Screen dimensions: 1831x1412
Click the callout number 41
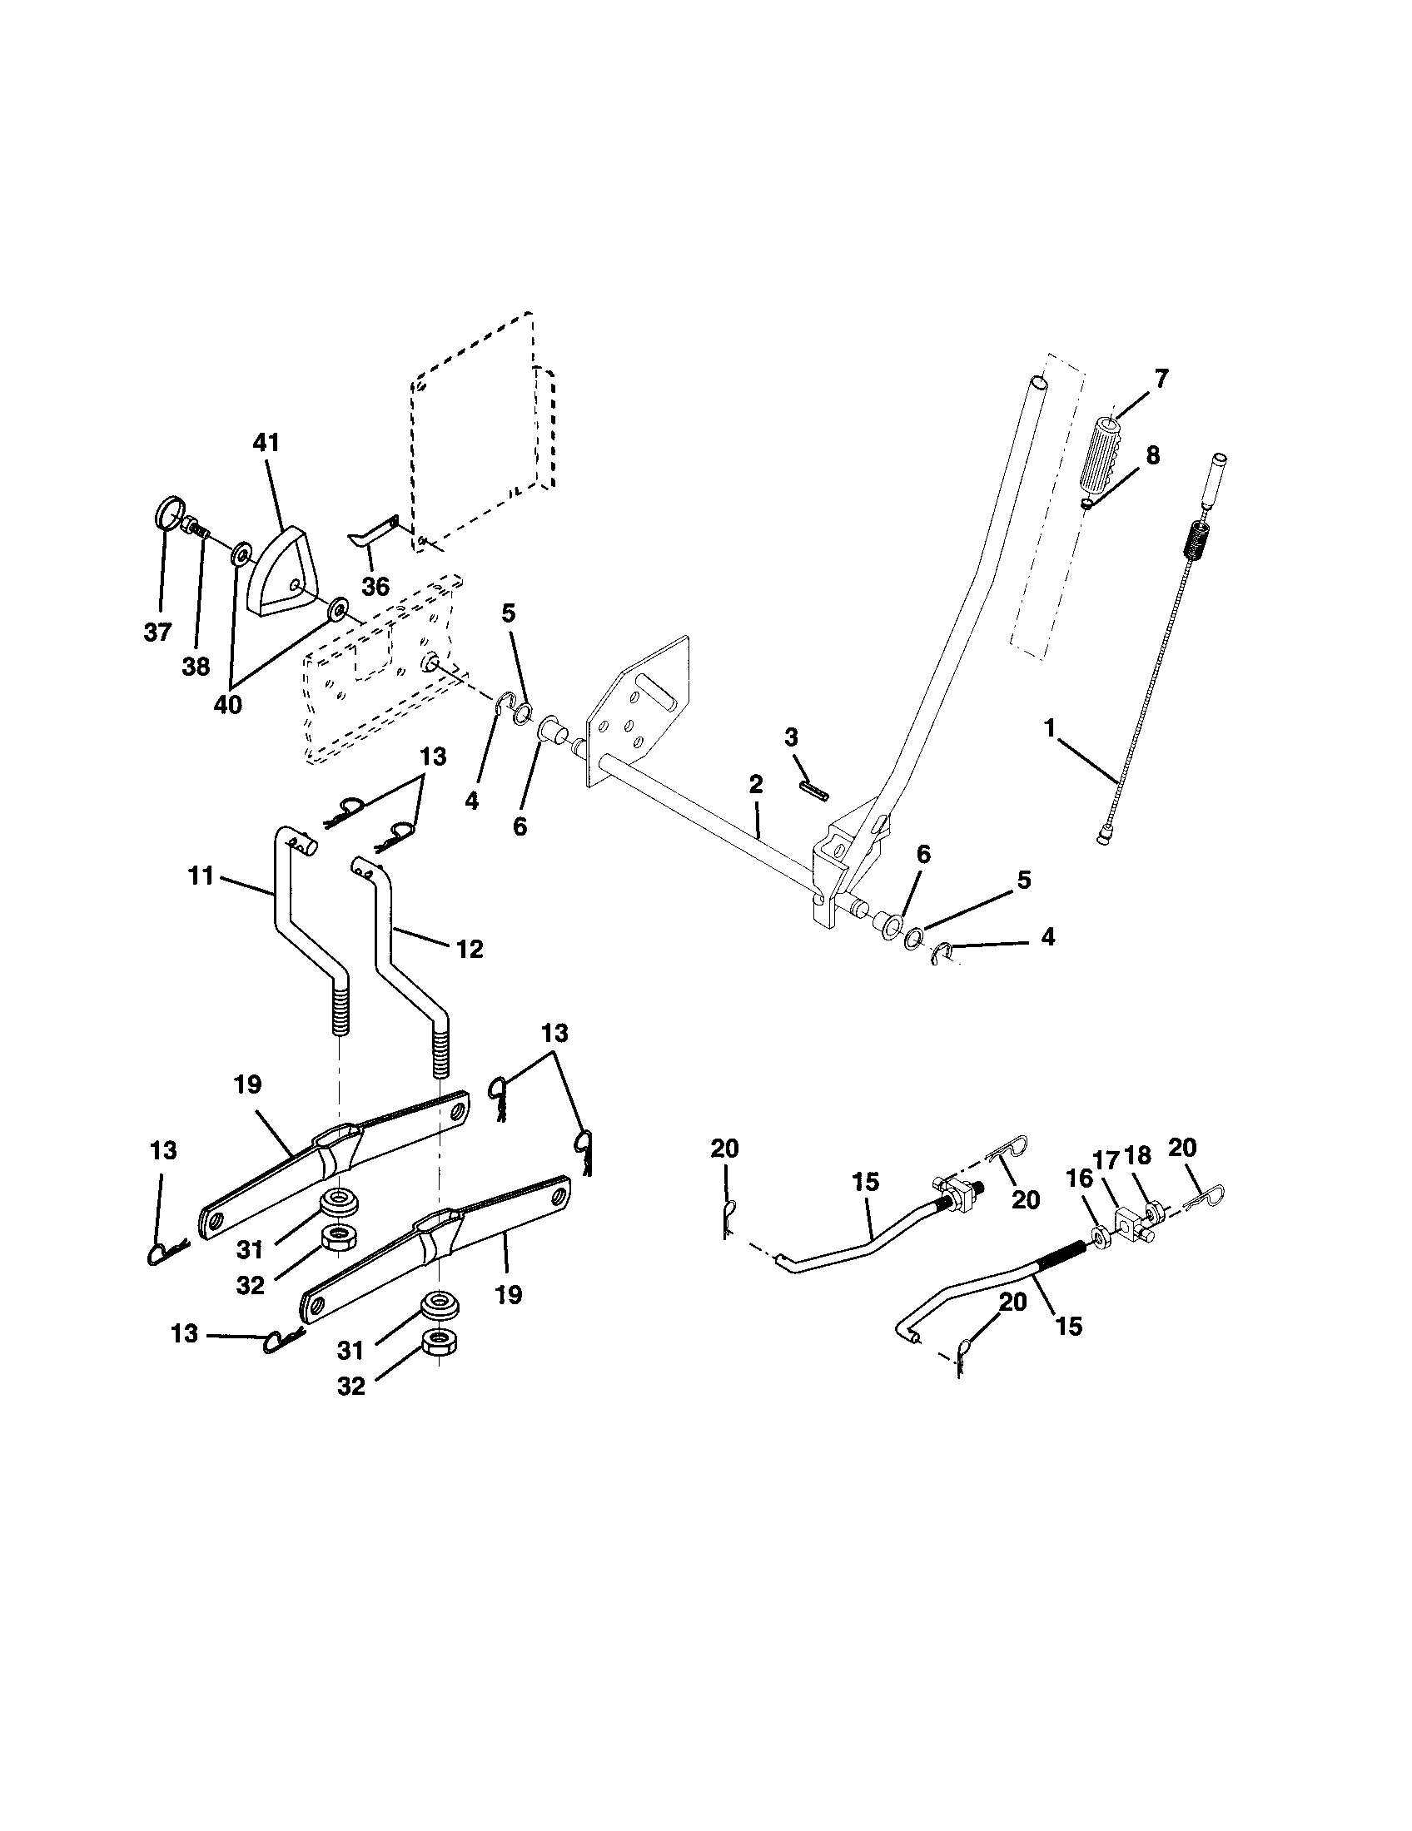[x=266, y=444]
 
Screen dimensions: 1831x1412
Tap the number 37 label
[x=157, y=633]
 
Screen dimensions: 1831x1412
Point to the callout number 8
[x=1153, y=455]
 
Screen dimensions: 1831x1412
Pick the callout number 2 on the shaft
[x=755, y=785]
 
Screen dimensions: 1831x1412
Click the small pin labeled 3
[x=814, y=791]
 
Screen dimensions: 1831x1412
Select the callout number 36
[x=375, y=586]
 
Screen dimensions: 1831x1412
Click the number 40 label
[x=227, y=705]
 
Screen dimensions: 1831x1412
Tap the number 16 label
[x=1080, y=1178]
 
